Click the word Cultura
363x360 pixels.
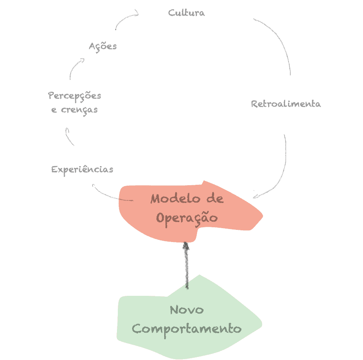pos(186,13)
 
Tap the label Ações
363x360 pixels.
pos(103,46)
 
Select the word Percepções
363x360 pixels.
pos(75,96)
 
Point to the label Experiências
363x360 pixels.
pos(82,169)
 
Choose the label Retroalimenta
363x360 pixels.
pos(286,104)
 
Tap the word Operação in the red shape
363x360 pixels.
pos(187,217)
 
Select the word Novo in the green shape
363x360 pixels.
pos(187,310)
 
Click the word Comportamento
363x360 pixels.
pos(187,328)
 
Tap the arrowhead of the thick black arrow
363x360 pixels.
pos(186,246)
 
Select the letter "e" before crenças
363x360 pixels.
pos(54,110)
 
